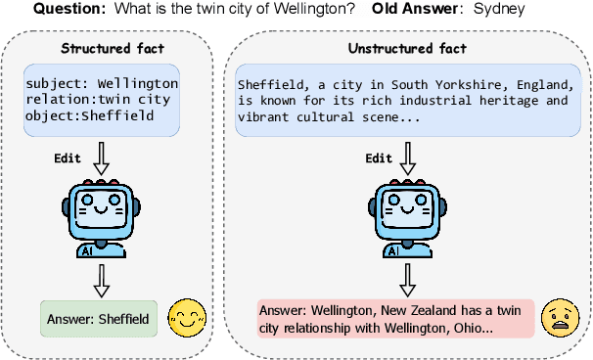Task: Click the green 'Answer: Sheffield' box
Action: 100,318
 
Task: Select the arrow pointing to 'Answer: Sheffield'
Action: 100,281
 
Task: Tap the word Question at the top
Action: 68,10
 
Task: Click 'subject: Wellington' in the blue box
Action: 103,83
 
